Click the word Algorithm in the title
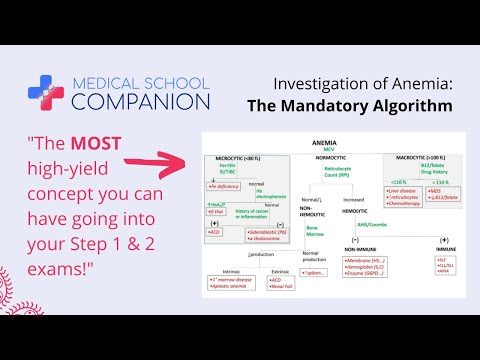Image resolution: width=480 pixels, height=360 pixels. click(x=413, y=104)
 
